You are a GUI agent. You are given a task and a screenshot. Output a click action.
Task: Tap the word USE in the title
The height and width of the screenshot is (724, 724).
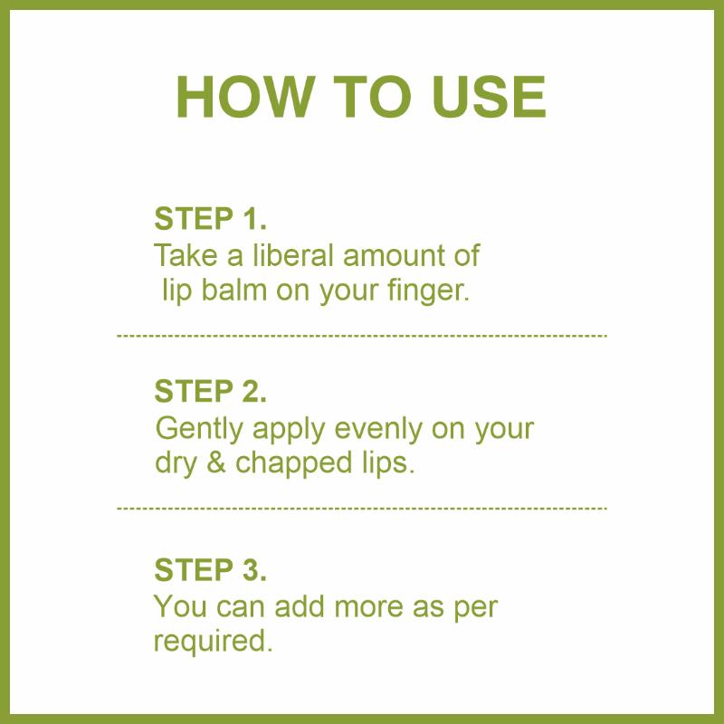click(x=489, y=97)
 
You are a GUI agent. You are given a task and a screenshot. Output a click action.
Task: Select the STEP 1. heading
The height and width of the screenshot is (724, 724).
click(x=211, y=218)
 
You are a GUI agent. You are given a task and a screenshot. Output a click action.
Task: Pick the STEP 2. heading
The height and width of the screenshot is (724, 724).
click(x=211, y=391)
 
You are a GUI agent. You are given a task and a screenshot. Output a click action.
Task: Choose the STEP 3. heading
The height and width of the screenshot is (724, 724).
click(x=211, y=569)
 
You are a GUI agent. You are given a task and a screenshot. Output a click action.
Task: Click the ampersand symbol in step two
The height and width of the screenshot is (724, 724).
click(x=215, y=462)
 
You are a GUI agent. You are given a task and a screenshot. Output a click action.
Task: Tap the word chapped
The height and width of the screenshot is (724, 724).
click(x=293, y=464)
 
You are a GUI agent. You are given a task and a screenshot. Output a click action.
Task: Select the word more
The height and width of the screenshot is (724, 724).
click(x=369, y=606)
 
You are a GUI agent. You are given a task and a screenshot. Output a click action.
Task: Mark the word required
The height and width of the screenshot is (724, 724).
click(x=213, y=642)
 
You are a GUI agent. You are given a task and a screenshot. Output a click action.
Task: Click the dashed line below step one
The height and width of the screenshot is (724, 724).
click(x=362, y=336)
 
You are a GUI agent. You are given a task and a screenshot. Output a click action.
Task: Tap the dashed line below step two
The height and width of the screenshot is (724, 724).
click(x=362, y=509)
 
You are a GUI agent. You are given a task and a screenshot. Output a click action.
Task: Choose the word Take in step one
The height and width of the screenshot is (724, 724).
click(x=186, y=255)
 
